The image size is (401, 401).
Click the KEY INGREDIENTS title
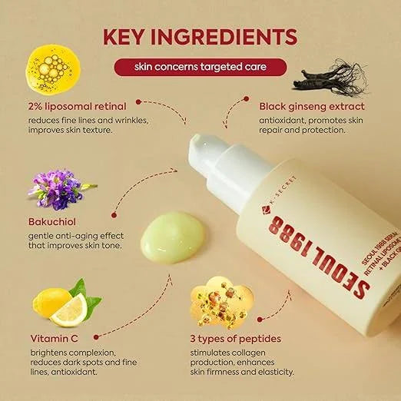coord(200,36)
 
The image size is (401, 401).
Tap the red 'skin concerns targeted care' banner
coord(200,68)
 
